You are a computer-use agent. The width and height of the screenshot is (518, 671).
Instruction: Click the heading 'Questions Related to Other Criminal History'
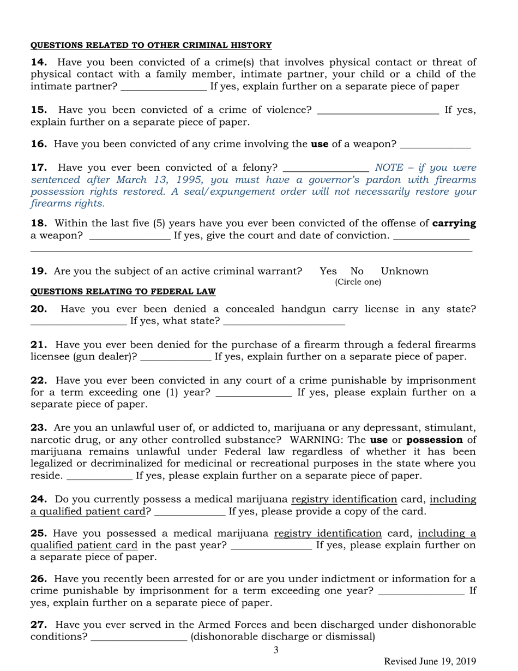pos(150,45)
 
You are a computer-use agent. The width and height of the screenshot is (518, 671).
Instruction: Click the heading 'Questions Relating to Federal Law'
pos(123,292)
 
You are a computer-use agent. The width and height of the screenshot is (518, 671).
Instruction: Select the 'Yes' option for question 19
pos(328,271)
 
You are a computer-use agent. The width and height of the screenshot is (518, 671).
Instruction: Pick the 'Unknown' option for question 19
pos(405,271)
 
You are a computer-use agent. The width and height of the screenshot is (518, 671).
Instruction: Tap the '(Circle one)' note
pos(358,282)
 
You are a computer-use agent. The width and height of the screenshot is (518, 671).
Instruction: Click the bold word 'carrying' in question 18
pos(454,223)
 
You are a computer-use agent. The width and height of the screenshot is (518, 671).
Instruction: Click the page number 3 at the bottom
pos(276,650)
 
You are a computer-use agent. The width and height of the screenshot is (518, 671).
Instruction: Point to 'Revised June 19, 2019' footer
pos(430,661)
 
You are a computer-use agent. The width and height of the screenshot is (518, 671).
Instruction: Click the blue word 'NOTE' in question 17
pos(388,167)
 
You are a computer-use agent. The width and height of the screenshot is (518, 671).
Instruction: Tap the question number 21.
pos(38,345)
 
